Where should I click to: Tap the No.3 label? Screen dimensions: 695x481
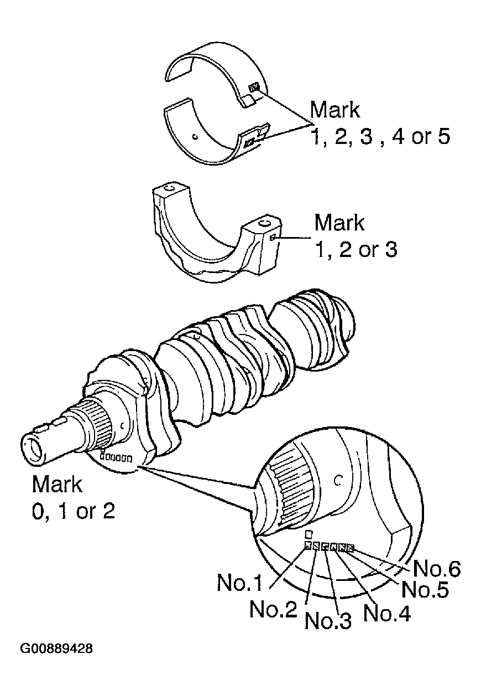pyautogui.click(x=329, y=621)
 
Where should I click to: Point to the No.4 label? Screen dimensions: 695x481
pyautogui.click(x=387, y=613)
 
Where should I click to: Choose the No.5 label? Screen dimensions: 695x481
pyautogui.click(x=425, y=589)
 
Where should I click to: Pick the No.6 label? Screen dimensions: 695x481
pyautogui.click(x=437, y=569)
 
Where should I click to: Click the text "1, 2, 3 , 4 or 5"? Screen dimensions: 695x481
pyautogui.click(x=380, y=136)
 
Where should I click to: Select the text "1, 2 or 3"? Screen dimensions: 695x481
pyautogui.click(x=355, y=250)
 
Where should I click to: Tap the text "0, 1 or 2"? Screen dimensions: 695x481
pyautogui.click(x=74, y=511)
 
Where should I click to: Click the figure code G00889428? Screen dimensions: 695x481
pyautogui.click(x=57, y=647)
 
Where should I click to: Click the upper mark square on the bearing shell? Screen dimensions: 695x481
pyautogui.click(x=254, y=87)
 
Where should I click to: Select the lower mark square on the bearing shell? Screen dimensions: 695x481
pyautogui.click(x=249, y=142)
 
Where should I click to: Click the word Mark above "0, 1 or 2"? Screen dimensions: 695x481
pyautogui.click(x=57, y=484)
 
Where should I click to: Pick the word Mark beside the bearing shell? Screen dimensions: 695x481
pyautogui.click(x=335, y=110)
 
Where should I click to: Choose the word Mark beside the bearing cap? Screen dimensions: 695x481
pyautogui.click(x=339, y=223)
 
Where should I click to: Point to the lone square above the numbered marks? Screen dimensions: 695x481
pyautogui.click(x=309, y=534)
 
